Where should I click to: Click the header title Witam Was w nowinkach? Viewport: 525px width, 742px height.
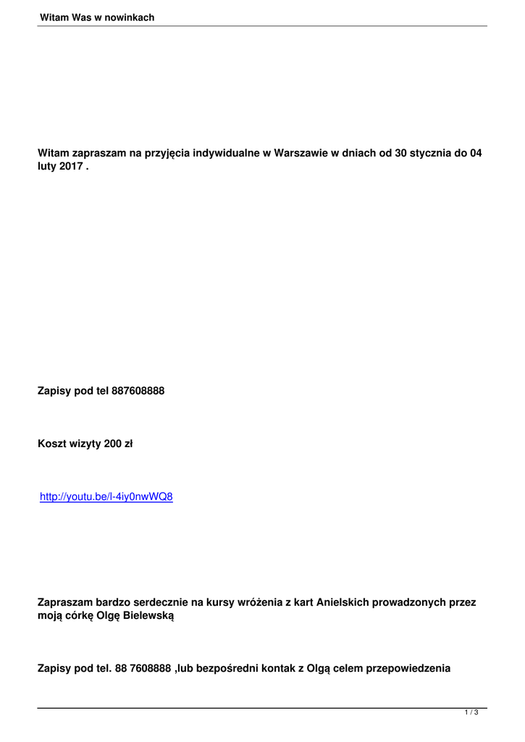[x=97, y=17]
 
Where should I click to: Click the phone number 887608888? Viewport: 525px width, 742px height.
[x=138, y=391]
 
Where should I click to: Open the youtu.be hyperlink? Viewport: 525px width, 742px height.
[x=106, y=498]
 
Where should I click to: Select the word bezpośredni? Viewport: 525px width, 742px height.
[x=228, y=669]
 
